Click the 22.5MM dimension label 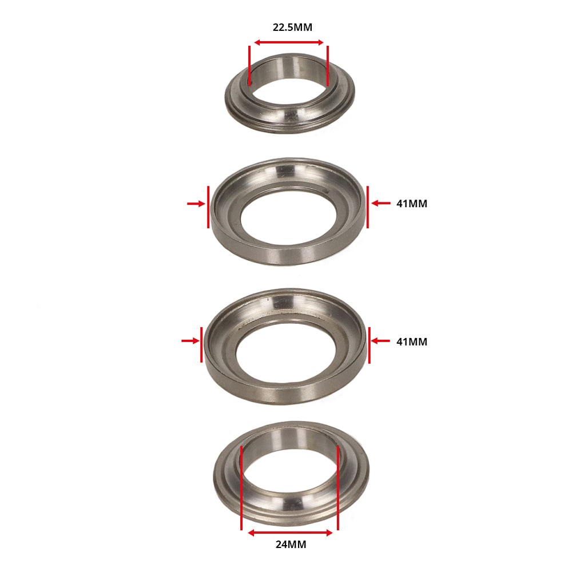pyautogui.click(x=292, y=27)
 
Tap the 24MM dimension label pyautogui.click(x=291, y=545)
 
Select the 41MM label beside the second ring pyautogui.click(x=411, y=204)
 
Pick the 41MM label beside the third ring pyautogui.click(x=411, y=342)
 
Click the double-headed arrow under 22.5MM pyautogui.click(x=289, y=42)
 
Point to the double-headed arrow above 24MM pyautogui.click(x=290, y=533)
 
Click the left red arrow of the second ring pyautogui.click(x=196, y=204)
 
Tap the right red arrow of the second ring pyautogui.click(x=381, y=203)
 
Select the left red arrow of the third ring pyautogui.click(x=190, y=341)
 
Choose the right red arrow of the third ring pyautogui.click(x=380, y=341)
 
